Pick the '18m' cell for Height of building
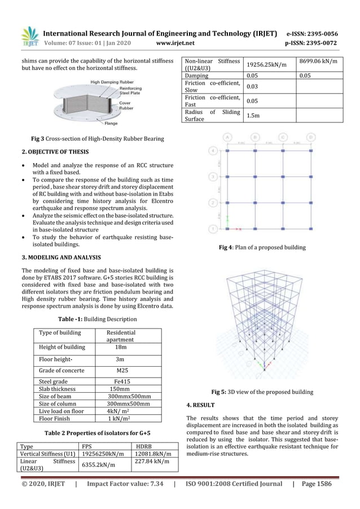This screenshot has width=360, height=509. click(121, 348)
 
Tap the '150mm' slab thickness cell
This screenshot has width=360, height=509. click(120, 389)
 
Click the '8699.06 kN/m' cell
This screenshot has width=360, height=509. click(319, 61)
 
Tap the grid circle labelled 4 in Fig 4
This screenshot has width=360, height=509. click(212, 151)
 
